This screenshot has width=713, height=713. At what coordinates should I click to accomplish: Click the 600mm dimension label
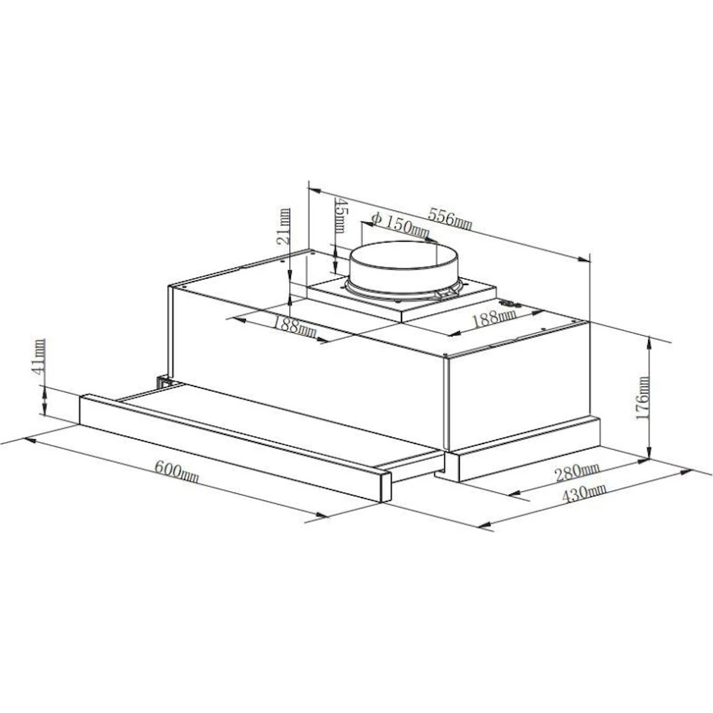point(176,471)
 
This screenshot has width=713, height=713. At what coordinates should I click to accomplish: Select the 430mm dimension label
point(584,493)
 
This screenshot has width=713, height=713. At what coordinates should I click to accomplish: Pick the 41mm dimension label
point(39,357)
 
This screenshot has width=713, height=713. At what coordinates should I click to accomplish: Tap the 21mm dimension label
point(283,227)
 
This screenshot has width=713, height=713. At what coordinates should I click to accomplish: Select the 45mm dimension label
point(342,215)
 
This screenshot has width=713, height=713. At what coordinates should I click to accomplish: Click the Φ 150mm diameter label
point(400,225)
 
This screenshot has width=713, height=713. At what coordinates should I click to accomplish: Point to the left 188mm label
point(295,326)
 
